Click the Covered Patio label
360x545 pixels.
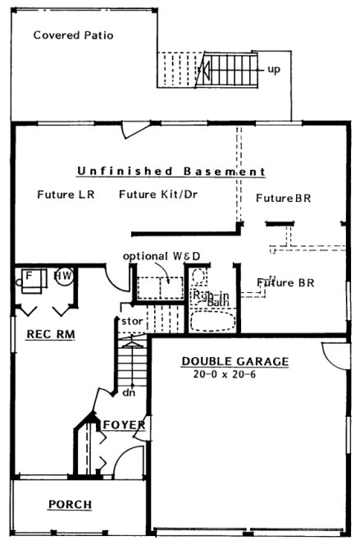[73, 35]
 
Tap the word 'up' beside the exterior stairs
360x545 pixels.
[273, 69]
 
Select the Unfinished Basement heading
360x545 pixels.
[171, 172]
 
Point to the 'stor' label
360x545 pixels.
[132, 321]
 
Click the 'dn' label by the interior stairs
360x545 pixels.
[128, 392]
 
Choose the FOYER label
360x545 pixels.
[124, 424]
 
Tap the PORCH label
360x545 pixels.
[70, 504]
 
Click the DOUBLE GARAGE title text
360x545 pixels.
[235, 361]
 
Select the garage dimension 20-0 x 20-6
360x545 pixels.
[235, 373]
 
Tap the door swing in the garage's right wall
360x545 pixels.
[334, 354]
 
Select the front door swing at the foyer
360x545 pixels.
[128, 461]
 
